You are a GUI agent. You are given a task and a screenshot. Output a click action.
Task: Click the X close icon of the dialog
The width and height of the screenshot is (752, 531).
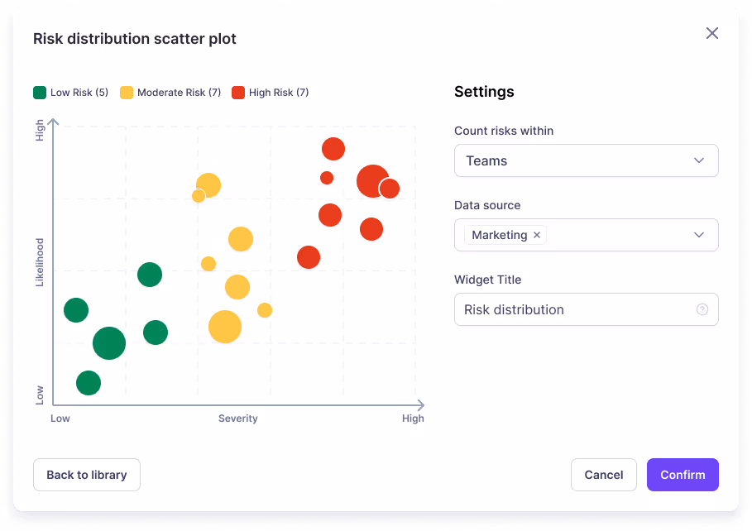[711, 33]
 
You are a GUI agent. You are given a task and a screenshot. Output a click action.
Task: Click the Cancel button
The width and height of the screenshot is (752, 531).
[603, 475]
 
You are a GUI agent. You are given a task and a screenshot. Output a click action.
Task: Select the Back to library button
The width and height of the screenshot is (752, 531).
[87, 475]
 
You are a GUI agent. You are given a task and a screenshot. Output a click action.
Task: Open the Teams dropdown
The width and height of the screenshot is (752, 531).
[586, 160]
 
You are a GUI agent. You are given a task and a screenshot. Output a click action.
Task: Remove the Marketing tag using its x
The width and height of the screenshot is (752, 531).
[537, 235]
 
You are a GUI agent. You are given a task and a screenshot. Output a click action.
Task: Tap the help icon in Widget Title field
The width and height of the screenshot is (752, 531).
[702, 309]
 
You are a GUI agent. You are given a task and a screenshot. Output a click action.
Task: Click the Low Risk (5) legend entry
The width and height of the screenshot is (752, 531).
[71, 93]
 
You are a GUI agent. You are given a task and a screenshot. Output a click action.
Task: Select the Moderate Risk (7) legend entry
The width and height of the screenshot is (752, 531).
[170, 93]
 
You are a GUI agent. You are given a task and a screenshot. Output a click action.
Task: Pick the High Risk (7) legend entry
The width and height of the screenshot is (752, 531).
[271, 93]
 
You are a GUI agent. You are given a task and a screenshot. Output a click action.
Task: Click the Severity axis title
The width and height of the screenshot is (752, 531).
[237, 419]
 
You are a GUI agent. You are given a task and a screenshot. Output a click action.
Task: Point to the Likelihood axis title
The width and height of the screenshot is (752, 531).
[39, 262]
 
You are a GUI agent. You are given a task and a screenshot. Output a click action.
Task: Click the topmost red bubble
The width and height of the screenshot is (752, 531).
[333, 149]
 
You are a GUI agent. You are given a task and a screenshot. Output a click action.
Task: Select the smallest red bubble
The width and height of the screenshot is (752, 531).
[327, 178]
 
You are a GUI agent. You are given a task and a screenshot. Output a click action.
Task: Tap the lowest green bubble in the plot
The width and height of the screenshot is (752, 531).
[89, 383]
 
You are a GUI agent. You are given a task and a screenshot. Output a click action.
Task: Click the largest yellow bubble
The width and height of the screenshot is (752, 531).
[224, 327]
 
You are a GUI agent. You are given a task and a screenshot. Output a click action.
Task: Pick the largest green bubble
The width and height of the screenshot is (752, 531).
[109, 342]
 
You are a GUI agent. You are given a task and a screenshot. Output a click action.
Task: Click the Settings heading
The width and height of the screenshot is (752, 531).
[484, 92]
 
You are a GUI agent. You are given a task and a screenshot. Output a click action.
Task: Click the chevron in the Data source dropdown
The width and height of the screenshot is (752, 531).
[699, 235]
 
